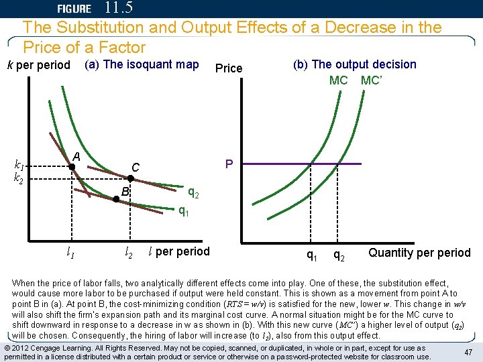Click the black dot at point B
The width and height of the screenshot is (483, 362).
[115, 198]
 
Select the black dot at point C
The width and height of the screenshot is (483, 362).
[130, 179]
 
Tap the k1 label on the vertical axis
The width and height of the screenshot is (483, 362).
[20, 166]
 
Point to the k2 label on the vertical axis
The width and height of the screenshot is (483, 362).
[20, 178]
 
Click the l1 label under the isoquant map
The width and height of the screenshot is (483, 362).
[70, 252]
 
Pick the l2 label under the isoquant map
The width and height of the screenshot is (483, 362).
[128, 252]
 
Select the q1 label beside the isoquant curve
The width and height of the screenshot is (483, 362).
[183, 211]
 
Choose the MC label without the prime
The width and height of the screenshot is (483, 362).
[338, 80]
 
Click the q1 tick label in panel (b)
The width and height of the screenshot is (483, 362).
[312, 255]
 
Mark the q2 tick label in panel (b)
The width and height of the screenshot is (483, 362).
[340, 255]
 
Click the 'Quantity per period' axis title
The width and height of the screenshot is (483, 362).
[419, 253]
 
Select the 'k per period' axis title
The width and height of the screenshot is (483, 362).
[38, 65]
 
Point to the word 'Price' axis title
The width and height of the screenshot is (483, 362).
[229, 68]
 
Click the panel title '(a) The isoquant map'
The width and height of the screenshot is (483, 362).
[141, 64]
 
